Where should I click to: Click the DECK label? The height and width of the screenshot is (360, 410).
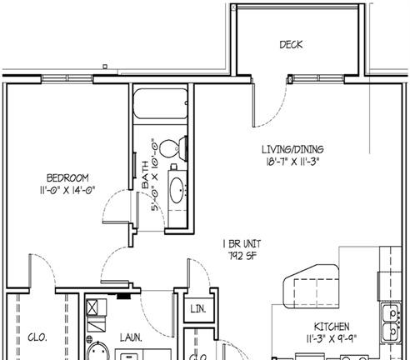291,45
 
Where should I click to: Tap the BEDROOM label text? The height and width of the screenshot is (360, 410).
67,177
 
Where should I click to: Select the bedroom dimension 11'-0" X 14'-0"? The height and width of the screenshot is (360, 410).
67,190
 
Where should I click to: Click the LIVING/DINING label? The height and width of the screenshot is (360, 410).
292,149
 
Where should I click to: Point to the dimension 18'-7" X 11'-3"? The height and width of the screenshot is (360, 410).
292,162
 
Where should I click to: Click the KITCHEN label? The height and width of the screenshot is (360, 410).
332,327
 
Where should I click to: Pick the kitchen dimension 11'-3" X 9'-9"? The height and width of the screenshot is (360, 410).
332,338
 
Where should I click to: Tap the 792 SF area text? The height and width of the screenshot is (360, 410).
242,256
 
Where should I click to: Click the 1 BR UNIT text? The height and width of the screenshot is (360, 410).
242,244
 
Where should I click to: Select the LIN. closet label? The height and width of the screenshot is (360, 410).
198,309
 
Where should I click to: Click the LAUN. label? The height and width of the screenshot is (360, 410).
131,337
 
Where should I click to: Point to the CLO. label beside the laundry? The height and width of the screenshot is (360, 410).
37,337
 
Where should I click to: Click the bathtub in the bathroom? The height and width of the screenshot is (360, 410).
160,103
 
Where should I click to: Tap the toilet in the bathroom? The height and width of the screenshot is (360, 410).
173,147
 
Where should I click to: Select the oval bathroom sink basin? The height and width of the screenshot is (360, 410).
177,190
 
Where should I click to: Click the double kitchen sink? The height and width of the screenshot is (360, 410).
392,322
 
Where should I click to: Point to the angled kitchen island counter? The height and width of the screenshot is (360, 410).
312,286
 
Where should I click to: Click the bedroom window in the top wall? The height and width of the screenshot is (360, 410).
67,79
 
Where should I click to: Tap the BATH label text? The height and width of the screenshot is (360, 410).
146,175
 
